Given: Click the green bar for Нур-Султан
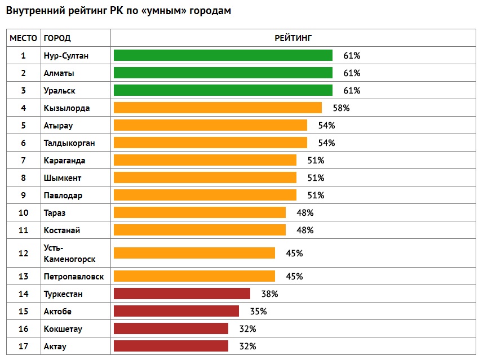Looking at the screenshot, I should pyautogui.click(x=223, y=55).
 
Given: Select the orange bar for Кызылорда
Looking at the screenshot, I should pyautogui.click(x=218, y=108).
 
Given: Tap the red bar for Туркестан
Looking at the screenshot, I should pyautogui.click(x=181, y=294).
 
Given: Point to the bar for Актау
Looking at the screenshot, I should pyautogui.click(x=171, y=346).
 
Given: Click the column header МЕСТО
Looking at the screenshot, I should pyautogui.click(x=23, y=38).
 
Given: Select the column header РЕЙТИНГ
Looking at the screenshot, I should pyautogui.click(x=293, y=38).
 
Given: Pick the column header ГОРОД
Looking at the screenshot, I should pyautogui.click(x=57, y=38).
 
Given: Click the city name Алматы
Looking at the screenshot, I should pyautogui.click(x=59, y=73).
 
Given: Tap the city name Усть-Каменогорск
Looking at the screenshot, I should pyautogui.click(x=69, y=253).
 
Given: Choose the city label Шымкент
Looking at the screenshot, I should pyautogui.click(x=63, y=177).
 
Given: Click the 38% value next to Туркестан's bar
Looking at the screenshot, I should pyautogui.click(x=269, y=294).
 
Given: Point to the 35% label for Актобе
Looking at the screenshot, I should pyautogui.click(x=258, y=311).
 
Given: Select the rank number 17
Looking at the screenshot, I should pyautogui.click(x=23, y=346).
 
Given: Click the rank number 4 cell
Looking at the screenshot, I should pyautogui.click(x=23, y=108).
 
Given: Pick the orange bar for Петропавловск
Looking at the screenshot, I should pyautogui.click(x=194, y=276).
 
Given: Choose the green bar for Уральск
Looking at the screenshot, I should pyautogui.click(x=223, y=90).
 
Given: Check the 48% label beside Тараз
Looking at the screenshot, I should pyautogui.click(x=305, y=212).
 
